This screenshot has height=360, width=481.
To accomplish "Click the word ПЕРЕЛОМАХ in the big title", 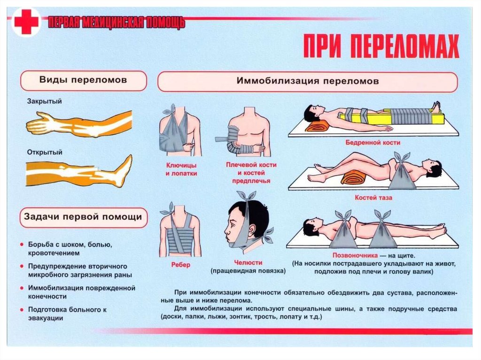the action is (x=404, y=46).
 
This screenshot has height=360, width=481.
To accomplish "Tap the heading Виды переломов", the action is (x=83, y=80).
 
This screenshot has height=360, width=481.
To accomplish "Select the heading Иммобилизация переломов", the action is (x=307, y=81).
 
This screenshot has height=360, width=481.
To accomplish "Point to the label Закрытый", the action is (x=45, y=101).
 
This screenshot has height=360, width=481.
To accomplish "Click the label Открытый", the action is (x=45, y=153).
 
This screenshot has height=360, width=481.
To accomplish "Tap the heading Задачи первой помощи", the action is (x=83, y=217).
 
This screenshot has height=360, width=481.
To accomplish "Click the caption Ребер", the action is (x=181, y=265).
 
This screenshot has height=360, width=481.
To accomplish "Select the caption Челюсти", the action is (x=248, y=262).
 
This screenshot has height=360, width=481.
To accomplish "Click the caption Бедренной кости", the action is (x=372, y=143).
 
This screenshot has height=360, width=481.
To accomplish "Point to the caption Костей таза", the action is (x=373, y=198).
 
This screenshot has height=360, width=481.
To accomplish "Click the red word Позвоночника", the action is (x=355, y=255).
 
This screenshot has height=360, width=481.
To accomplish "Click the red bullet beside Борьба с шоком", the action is (x=22, y=245).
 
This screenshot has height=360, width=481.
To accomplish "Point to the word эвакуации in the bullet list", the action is (x=46, y=318).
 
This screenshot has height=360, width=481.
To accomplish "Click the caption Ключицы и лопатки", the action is (x=181, y=169).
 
